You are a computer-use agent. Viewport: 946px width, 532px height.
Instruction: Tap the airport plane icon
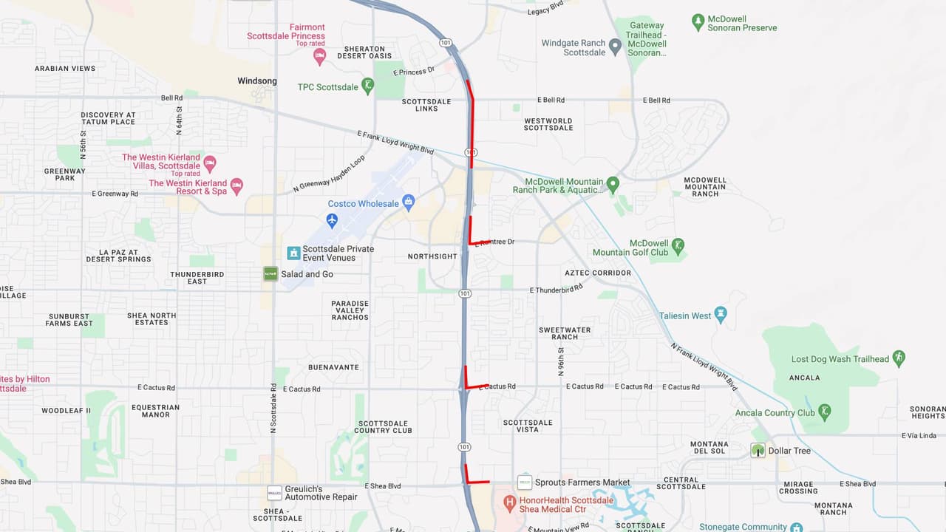click(x=332, y=220)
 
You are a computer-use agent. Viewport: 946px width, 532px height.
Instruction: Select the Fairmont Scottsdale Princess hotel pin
click(x=319, y=56)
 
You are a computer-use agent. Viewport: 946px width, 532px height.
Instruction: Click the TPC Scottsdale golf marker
click(x=367, y=86)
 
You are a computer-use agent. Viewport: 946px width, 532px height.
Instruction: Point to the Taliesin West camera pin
click(x=721, y=316)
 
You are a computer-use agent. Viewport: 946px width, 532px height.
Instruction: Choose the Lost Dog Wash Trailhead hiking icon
click(x=899, y=358)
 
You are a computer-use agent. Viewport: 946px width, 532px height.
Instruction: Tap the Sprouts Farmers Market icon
click(x=525, y=482)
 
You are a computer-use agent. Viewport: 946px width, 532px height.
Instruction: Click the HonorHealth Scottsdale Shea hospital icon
click(x=509, y=503)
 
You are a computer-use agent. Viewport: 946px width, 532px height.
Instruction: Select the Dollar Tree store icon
click(x=758, y=450)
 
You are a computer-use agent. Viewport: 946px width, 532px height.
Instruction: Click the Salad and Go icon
click(x=270, y=274)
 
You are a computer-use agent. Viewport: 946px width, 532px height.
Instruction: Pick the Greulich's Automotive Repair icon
click(x=274, y=493)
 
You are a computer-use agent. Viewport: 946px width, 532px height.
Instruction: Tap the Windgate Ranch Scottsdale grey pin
click(x=615, y=47)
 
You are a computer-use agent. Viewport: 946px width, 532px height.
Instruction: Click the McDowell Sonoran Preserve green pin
click(x=698, y=22)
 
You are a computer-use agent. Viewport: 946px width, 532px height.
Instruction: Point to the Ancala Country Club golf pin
click(x=825, y=412)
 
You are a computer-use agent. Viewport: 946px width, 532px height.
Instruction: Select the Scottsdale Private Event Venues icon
click(x=293, y=253)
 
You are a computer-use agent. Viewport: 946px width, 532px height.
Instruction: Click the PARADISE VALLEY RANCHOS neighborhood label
click(x=350, y=310)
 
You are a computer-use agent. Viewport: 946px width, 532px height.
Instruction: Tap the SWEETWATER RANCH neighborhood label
click(x=565, y=333)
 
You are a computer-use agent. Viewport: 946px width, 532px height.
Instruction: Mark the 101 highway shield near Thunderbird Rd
click(x=464, y=293)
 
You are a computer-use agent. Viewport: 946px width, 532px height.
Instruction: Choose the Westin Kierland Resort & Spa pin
click(x=236, y=186)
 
